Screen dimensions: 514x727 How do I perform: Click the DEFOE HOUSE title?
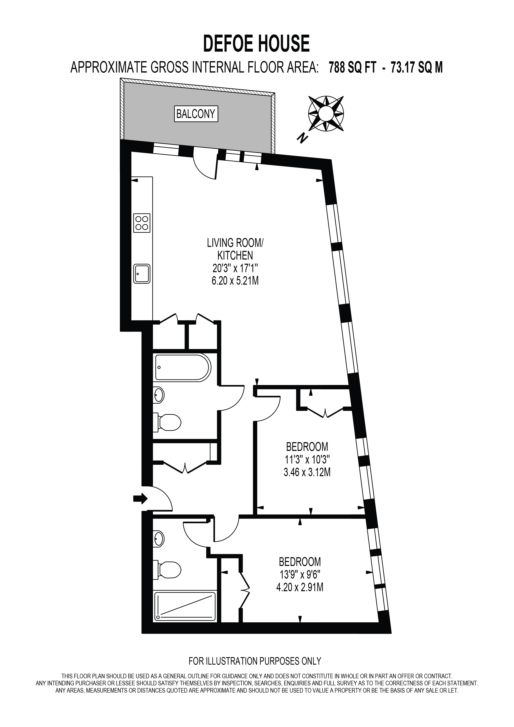(256, 44)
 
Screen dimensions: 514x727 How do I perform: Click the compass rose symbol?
(326, 113)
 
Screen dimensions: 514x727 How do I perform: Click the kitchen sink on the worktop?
(142, 274)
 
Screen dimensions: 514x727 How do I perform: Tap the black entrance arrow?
(140, 499)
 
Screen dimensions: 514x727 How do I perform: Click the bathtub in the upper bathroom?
(183, 368)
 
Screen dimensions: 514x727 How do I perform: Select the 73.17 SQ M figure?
(417, 68)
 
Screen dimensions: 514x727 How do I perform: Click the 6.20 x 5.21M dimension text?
(235, 280)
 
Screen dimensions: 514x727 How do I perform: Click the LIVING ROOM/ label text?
(235, 243)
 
